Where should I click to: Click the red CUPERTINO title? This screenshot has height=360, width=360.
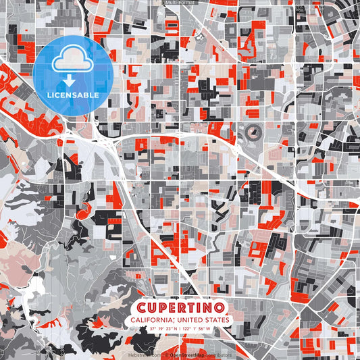180,306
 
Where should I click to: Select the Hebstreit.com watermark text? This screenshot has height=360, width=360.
143,354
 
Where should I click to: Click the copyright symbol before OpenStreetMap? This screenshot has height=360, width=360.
165,354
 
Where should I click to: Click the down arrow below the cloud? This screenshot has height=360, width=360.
72,78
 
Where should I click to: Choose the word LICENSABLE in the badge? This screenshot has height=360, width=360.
73,95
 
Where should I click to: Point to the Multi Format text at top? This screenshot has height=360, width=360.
180,3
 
